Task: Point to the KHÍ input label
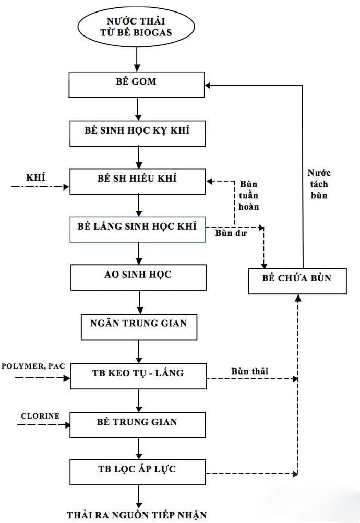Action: click(x=36, y=177)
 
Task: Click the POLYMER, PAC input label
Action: click(x=33, y=366)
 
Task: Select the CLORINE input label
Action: click(x=40, y=416)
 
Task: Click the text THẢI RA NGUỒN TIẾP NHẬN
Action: click(x=140, y=514)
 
